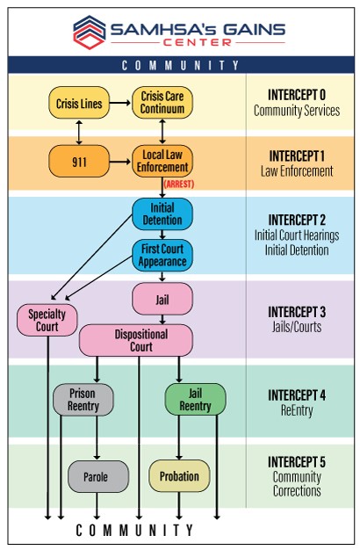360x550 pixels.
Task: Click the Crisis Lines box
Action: pos(78,104)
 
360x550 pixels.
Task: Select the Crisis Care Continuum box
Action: pos(162,104)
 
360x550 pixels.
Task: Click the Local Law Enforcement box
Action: pos(162,162)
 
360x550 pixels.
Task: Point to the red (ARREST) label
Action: pos(178,184)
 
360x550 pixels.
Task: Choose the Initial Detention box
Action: pos(162,213)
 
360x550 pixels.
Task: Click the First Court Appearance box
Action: pos(162,255)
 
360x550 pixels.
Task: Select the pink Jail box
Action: pos(162,299)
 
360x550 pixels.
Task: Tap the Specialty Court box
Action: pos(47,320)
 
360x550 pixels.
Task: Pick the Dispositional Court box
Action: pos(135,340)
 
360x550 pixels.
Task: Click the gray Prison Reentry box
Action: pos(83,400)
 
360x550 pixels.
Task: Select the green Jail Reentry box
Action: pos(195,400)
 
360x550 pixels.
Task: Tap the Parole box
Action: pos(98,476)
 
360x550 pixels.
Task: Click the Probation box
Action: pos(179,476)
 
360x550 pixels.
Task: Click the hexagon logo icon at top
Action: pos(88,31)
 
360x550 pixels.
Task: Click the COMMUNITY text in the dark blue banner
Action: pos(180,65)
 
